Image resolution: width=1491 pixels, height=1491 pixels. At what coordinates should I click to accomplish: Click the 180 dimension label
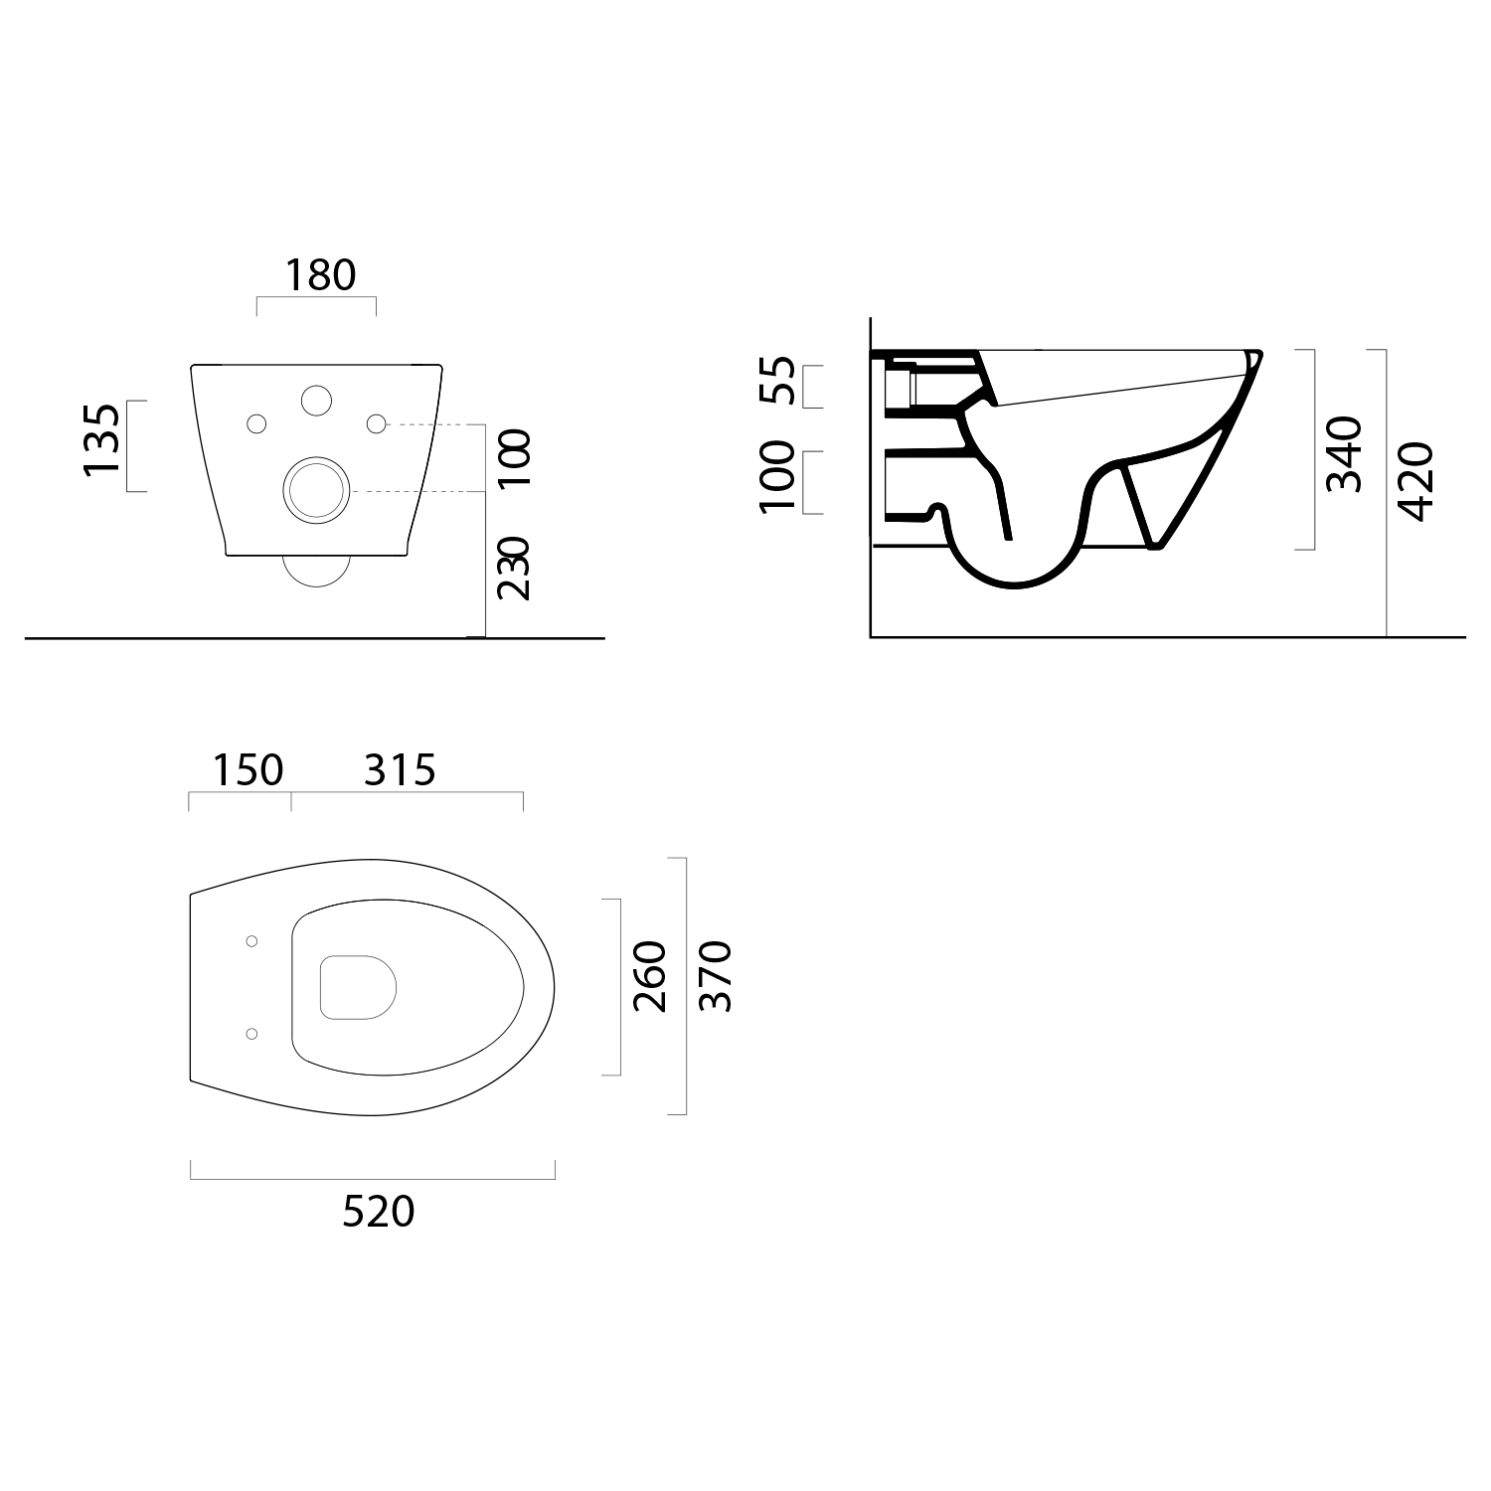coord(320,274)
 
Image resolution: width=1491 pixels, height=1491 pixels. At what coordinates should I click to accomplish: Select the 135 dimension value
coord(104,439)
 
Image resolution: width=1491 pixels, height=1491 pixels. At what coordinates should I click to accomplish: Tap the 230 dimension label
coord(514,568)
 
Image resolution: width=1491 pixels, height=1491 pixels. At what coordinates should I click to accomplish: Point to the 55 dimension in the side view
coord(779,381)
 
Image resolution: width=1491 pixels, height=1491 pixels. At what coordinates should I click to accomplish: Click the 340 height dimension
coord(1344,454)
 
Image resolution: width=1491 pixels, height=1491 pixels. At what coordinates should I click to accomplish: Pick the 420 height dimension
coord(1414,482)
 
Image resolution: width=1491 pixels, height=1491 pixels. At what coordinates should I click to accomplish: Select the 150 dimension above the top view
coord(248,769)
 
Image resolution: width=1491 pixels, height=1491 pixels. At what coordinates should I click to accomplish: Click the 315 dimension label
coord(400,769)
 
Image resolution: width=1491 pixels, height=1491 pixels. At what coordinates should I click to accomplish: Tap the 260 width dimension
coord(650,976)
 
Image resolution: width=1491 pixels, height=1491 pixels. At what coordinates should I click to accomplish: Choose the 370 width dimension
coord(715,976)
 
